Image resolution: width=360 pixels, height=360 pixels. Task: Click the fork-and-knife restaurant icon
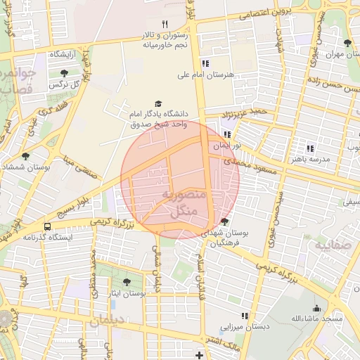tap(165, 24)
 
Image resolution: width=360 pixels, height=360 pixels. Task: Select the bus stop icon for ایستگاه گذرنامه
tap(47, 226)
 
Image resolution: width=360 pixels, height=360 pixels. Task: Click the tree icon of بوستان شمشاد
tap(26, 155)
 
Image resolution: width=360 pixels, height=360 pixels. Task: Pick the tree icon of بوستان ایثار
tap(127, 281)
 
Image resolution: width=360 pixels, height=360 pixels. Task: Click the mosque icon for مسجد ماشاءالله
tap(316, 308)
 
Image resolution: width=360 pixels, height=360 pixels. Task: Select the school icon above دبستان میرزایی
tap(244, 316)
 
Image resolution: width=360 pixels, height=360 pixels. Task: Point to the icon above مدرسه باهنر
tap(310, 148)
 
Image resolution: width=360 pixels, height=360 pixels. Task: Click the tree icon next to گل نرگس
tap(64, 72)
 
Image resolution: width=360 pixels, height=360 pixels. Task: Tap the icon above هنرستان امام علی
tap(205, 63)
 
